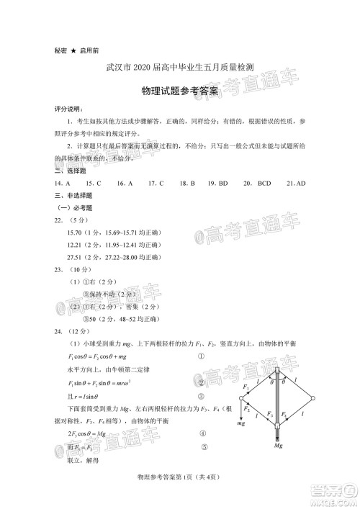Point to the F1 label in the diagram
[246, 387]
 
